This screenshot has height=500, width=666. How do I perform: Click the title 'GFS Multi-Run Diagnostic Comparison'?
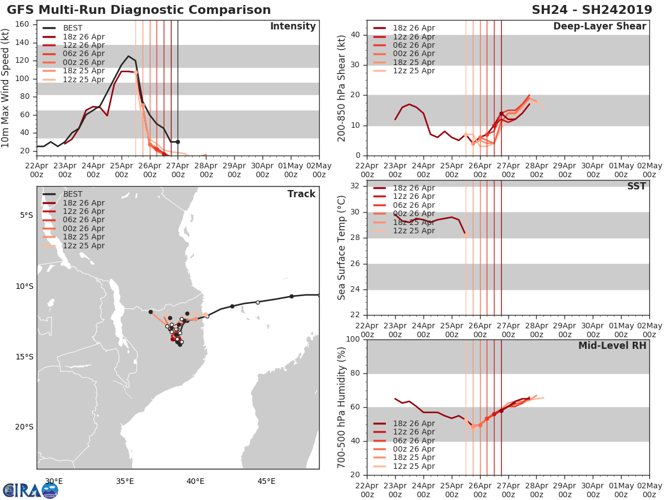pyautogui.click(x=139, y=10)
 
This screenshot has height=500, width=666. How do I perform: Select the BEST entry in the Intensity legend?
pyautogui.click(x=73, y=28)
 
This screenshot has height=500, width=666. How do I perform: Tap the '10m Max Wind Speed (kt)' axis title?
pyautogui.click(x=7, y=88)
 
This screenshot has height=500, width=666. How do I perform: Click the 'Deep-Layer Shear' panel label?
pyautogui.click(x=599, y=27)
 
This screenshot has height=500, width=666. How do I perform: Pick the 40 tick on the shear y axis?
pyautogui.click(x=355, y=35)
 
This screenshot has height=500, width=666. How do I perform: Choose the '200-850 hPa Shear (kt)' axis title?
pyautogui.click(x=342, y=88)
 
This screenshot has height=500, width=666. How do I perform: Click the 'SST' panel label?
pyautogui.click(x=637, y=187)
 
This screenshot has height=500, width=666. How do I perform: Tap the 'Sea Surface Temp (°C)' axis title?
pyautogui.click(x=342, y=248)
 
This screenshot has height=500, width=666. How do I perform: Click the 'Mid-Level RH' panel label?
pyautogui.click(x=612, y=346)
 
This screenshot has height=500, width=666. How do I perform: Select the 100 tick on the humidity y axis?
pyautogui.click(x=352, y=339)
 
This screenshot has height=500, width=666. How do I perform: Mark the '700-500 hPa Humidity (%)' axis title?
pyautogui.click(x=342, y=407)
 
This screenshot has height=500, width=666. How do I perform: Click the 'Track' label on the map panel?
pyautogui.click(x=301, y=194)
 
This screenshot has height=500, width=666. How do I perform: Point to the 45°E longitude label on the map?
pyautogui.click(x=266, y=482)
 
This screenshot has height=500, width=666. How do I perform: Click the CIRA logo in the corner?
pyautogui.click(x=31, y=490)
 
